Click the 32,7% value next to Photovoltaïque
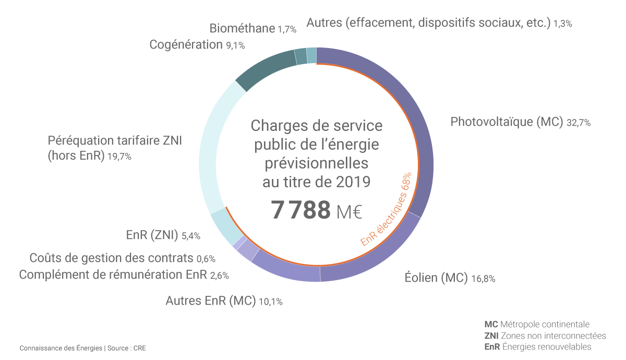578,123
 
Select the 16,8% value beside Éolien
483,279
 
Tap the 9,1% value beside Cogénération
235,46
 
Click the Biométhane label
242,29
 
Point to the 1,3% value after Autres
563,23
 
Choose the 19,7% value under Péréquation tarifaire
119,156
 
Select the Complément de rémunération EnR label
113,275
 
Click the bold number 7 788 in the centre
301,210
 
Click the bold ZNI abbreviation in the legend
491,335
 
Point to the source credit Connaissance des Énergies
61,347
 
